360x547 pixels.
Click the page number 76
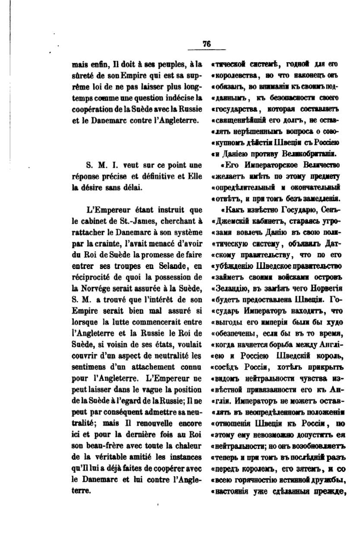(x=206, y=43)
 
